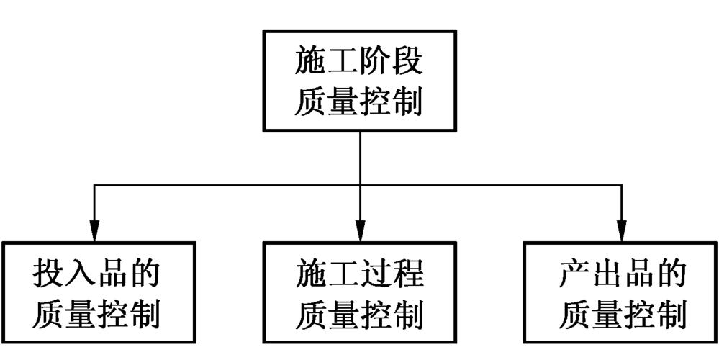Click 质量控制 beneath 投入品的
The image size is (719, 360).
point(96,314)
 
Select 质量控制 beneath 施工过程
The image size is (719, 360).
point(359,314)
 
